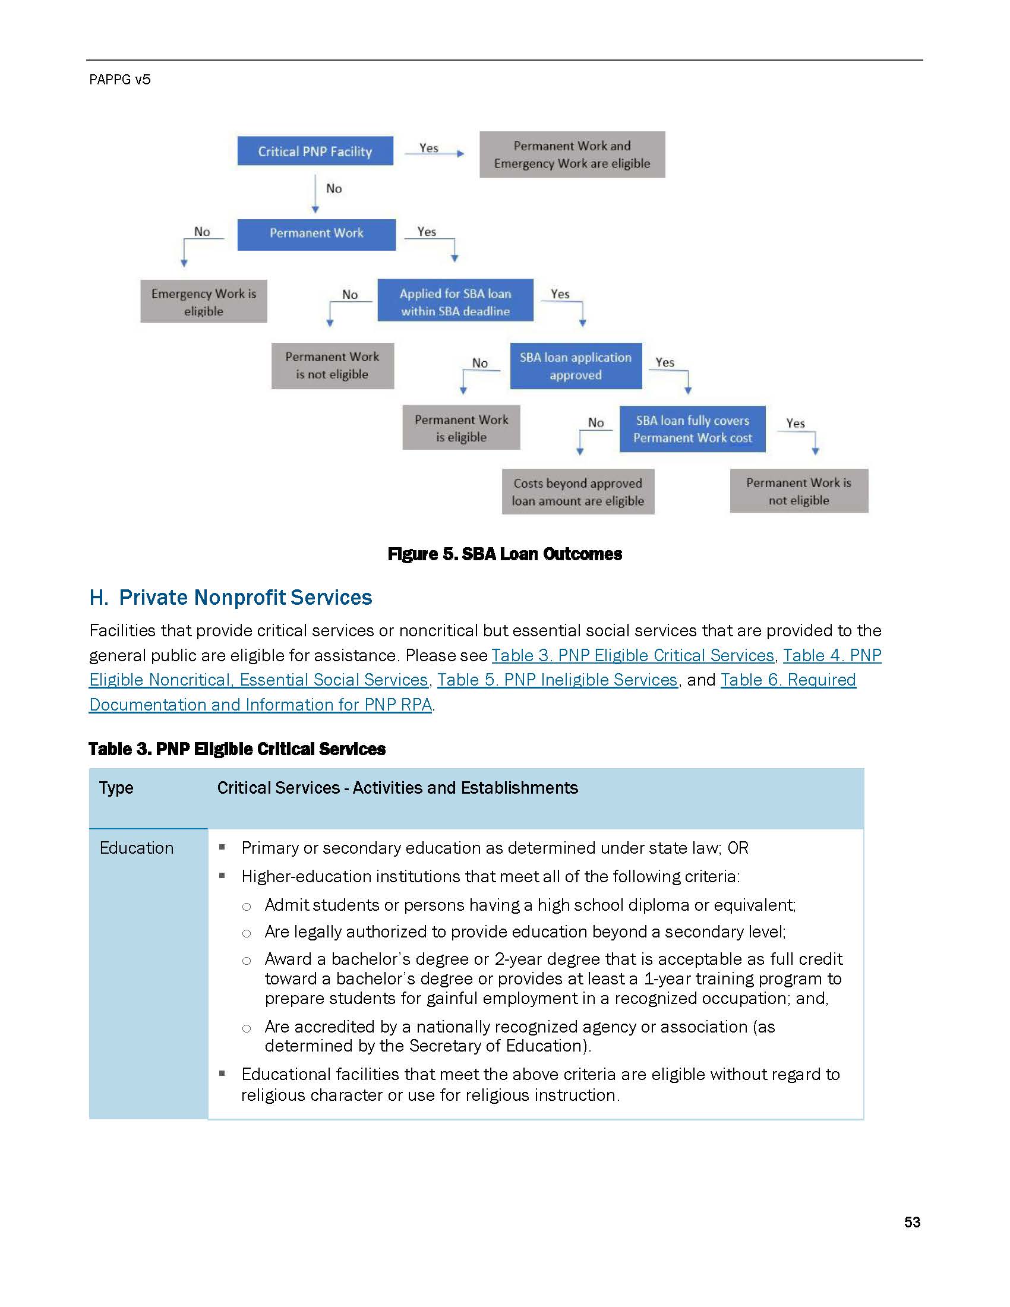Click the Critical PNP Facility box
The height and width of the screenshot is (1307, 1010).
[315, 151]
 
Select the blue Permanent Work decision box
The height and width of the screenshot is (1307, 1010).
[316, 233]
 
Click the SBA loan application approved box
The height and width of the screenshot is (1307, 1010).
[575, 365]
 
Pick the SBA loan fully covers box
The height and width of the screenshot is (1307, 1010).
[692, 428]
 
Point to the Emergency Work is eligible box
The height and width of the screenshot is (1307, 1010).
[203, 302]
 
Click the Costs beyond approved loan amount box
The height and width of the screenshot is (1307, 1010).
[577, 491]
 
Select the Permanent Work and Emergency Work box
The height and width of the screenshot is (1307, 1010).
[572, 154]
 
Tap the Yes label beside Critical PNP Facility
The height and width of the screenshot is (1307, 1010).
[428, 148]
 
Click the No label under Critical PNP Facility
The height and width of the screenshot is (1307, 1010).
[334, 188]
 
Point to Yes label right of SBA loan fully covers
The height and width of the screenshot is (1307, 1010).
[795, 423]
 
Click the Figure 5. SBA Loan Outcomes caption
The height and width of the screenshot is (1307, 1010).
[504, 554]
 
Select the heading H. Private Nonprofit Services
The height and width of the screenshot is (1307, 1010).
[231, 597]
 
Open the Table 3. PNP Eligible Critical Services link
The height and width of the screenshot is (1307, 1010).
[633, 655]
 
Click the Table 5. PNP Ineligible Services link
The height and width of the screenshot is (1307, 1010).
[557, 680]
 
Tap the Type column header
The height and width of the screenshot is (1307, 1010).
[116, 788]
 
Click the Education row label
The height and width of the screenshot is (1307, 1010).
[137, 848]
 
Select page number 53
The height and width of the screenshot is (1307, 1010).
[912, 1221]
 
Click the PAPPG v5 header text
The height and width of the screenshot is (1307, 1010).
[119, 80]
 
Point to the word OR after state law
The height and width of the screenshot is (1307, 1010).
[738, 848]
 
